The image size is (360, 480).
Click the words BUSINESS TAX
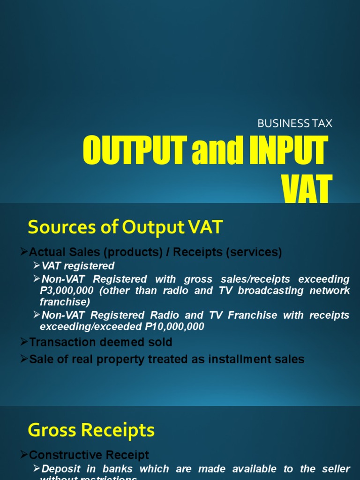tap(295, 124)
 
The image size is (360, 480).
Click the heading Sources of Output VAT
tap(125, 228)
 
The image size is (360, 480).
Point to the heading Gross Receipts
tap(91, 430)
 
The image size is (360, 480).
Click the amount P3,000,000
tap(68, 291)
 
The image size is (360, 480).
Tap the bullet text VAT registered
tap(78, 266)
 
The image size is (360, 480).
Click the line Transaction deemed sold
tap(100, 342)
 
